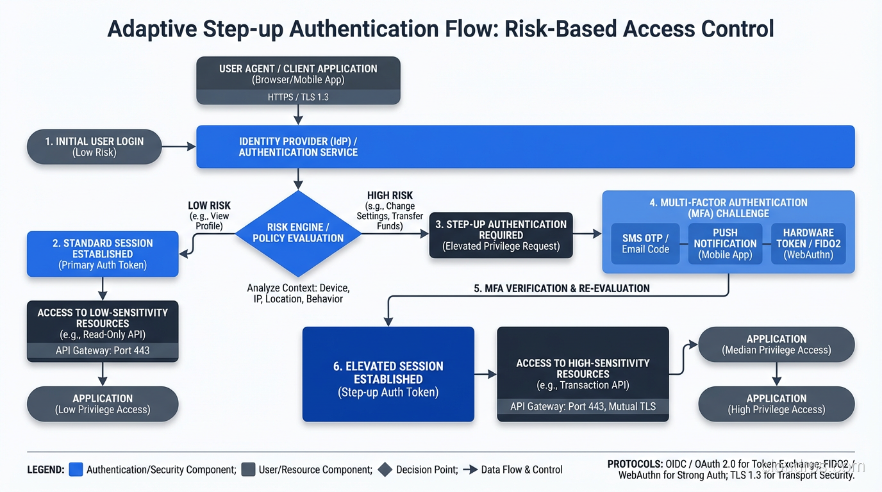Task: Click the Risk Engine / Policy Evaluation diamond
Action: coord(298,233)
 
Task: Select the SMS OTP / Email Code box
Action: coord(645,243)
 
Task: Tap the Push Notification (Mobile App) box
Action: coord(725,243)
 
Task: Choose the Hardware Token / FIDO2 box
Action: coord(808,243)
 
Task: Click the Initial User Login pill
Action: coord(94,147)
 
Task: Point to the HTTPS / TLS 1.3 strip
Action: coord(298,97)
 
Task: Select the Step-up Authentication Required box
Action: coord(501,235)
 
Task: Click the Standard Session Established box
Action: coord(103,254)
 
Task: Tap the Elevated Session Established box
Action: coord(388,374)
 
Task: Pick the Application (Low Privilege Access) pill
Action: coord(103,404)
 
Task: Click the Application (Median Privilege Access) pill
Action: coord(776,344)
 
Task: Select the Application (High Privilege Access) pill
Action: coord(776,404)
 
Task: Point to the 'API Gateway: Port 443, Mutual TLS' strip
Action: coord(583,406)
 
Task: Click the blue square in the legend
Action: coord(76,470)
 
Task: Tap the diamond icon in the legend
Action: coord(385,470)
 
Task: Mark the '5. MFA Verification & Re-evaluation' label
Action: coord(562,288)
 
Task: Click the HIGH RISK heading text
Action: coord(390,195)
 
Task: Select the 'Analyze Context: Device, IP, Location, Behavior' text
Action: coord(298,293)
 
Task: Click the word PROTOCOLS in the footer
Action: coord(635,464)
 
